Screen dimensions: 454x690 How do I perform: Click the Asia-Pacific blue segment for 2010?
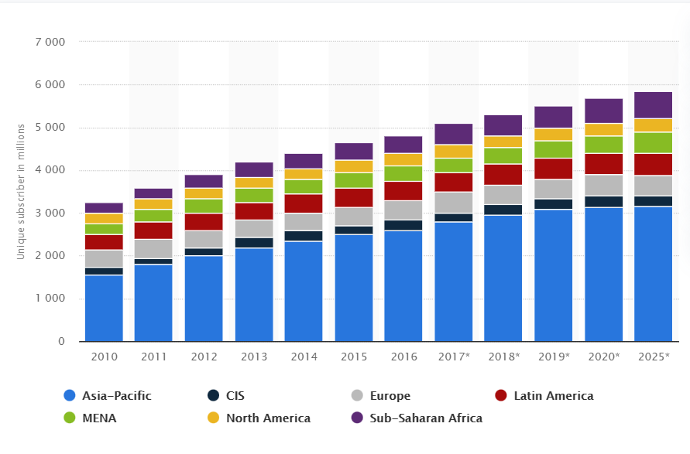(x=104, y=308)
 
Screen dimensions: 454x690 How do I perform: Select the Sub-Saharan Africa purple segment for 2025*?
(x=653, y=105)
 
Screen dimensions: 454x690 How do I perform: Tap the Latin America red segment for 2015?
(x=353, y=197)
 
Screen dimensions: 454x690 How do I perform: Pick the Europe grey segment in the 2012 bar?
(x=204, y=239)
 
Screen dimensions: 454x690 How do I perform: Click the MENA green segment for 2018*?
(x=503, y=155)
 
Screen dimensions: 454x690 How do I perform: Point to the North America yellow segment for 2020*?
(x=603, y=129)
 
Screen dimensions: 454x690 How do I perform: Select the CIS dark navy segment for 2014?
(x=304, y=236)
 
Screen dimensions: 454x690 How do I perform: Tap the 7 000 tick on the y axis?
(x=50, y=42)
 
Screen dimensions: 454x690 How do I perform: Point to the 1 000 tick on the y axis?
(x=50, y=299)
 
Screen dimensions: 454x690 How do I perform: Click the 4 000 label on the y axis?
(x=50, y=170)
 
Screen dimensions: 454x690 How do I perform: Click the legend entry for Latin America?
(x=554, y=396)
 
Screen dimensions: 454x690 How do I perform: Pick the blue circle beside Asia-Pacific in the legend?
(x=70, y=396)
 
